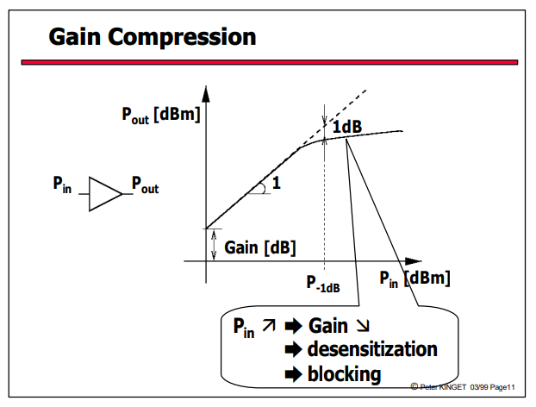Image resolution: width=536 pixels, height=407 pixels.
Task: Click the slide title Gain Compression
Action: pyautogui.click(x=153, y=37)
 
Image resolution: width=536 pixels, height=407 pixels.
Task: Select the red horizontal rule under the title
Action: pyautogui.click(x=270, y=62)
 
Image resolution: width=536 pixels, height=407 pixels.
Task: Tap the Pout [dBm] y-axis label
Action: pyautogui.click(x=161, y=116)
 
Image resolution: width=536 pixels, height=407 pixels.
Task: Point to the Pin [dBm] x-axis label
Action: pyautogui.click(x=414, y=279)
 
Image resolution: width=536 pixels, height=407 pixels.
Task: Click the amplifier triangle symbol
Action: pyautogui.click(x=105, y=194)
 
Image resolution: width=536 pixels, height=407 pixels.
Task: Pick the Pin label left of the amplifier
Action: pyautogui.click(x=62, y=185)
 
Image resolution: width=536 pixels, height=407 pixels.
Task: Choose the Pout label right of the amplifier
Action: pyautogui.click(x=146, y=185)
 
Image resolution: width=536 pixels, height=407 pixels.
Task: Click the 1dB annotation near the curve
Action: pyautogui.click(x=347, y=127)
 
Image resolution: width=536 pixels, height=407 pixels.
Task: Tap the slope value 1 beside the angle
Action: pyautogui.click(x=277, y=183)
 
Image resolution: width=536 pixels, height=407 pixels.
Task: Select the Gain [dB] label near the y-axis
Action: pyautogui.click(x=259, y=247)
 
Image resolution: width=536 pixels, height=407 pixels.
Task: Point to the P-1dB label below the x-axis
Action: pyautogui.click(x=323, y=284)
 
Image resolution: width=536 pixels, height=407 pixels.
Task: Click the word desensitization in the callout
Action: pyautogui.click(x=372, y=349)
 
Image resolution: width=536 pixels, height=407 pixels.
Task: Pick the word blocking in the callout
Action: pyautogui.click(x=344, y=374)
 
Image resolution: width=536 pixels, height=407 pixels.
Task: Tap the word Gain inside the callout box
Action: pyautogui.click(x=328, y=326)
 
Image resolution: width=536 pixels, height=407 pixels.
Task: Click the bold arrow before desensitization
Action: pyautogui.click(x=294, y=350)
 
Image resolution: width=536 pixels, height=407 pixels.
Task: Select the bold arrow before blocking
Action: pyautogui.click(x=294, y=374)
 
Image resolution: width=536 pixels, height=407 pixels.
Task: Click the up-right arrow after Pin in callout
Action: pyautogui.click(x=269, y=325)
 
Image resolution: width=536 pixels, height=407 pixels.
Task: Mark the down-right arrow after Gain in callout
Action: pyautogui.click(x=363, y=325)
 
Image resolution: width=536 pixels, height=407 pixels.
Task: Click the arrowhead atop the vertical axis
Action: pyautogui.click(x=206, y=94)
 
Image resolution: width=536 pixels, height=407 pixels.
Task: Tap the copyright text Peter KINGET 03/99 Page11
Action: pyautogui.click(x=463, y=387)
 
